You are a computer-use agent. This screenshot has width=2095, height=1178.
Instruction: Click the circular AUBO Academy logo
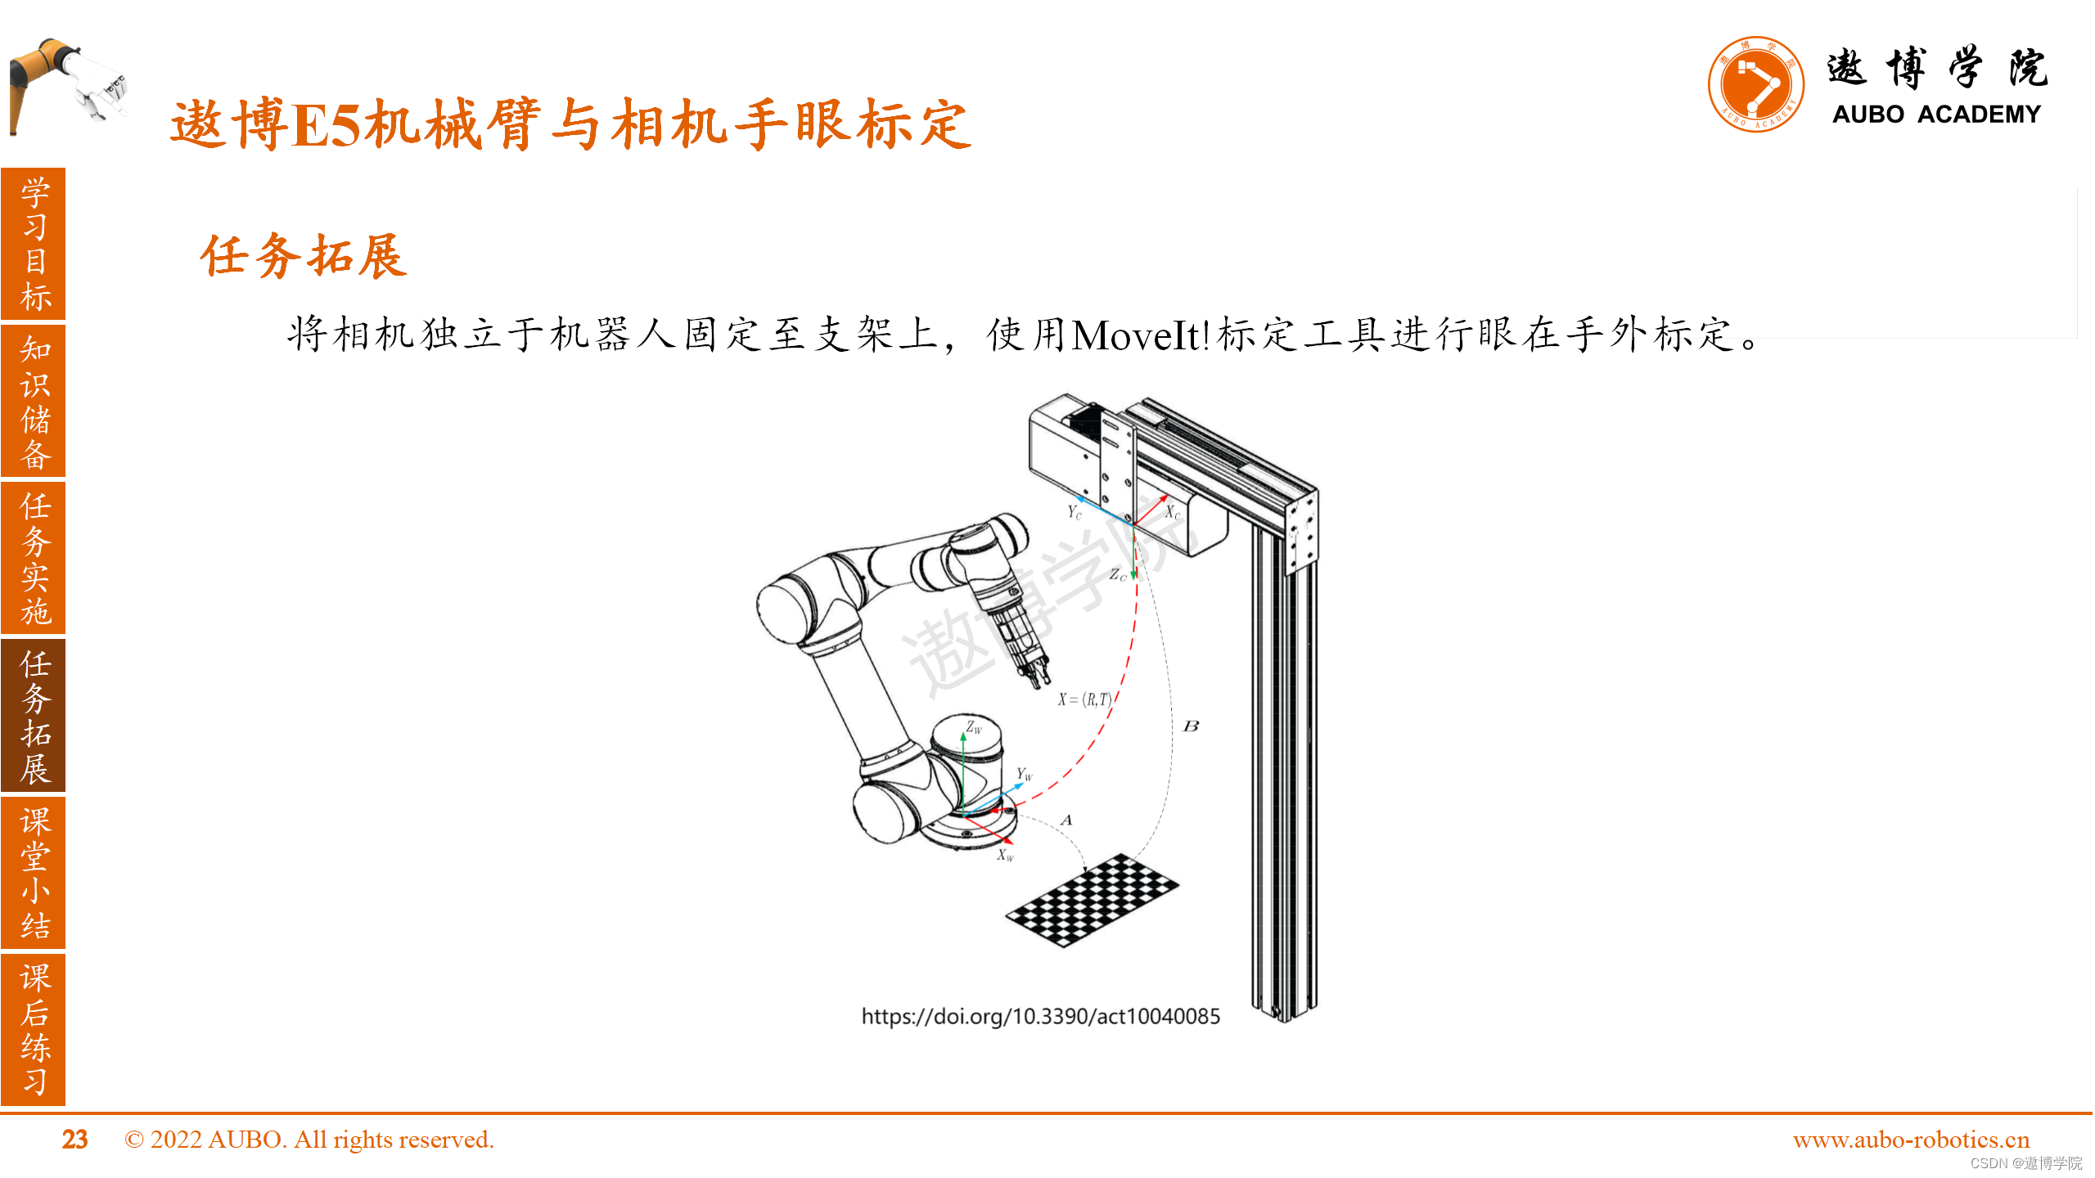[x=1755, y=84]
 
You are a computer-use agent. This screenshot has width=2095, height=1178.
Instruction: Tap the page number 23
[x=74, y=1140]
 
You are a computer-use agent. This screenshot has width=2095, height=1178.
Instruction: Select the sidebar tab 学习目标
[x=34, y=244]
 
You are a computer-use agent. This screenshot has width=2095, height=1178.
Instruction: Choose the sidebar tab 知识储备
[x=34, y=401]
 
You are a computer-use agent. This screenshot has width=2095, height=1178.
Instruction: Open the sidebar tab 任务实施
[x=34, y=558]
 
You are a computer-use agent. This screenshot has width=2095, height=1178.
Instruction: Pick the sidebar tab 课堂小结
[x=34, y=872]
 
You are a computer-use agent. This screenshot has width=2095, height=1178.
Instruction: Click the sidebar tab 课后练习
[x=34, y=1028]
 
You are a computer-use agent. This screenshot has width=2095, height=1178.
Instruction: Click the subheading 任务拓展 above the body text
[x=304, y=256]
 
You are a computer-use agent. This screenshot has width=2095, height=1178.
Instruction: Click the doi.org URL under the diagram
[x=1040, y=1016]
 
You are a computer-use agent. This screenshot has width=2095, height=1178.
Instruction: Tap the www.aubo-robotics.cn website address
[x=1911, y=1140]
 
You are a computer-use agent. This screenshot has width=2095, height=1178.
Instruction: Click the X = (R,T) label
[x=1084, y=699]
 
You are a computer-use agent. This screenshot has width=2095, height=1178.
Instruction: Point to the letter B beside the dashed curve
[x=1191, y=726]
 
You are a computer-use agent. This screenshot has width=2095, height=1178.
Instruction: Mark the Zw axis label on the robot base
[x=973, y=727]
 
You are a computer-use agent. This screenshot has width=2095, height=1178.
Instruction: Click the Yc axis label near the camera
[x=1074, y=512]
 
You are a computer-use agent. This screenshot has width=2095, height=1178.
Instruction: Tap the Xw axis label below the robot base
[x=1005, y=856]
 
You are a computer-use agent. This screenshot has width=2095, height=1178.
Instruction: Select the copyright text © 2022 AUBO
[x=309, y=1140]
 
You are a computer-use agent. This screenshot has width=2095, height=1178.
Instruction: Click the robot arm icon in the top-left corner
[x=65, y=82]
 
